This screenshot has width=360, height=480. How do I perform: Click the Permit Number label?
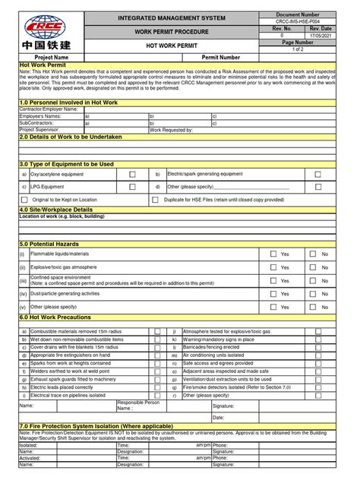221,58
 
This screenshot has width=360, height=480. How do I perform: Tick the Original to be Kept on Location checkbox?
24,200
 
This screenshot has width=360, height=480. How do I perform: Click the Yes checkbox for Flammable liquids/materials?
273,254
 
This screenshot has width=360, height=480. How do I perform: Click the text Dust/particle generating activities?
65,293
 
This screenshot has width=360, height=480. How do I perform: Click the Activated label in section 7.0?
30,459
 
